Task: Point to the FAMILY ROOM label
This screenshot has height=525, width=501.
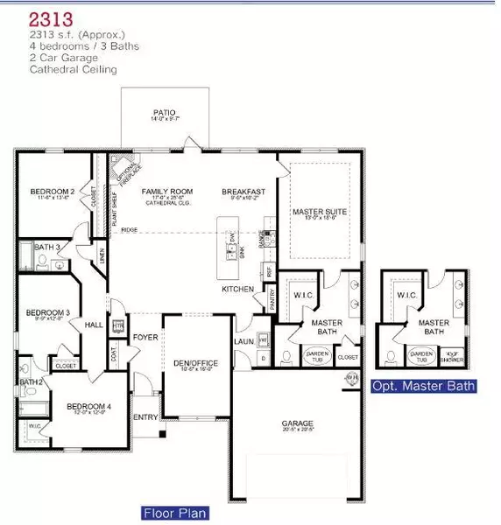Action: (162, 191)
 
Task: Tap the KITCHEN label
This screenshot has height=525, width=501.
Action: (237, 289)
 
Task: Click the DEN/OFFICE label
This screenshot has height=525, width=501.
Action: (196, 363)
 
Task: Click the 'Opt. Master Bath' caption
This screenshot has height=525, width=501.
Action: (425, 386)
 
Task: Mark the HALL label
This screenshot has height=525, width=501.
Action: (95, 324)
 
